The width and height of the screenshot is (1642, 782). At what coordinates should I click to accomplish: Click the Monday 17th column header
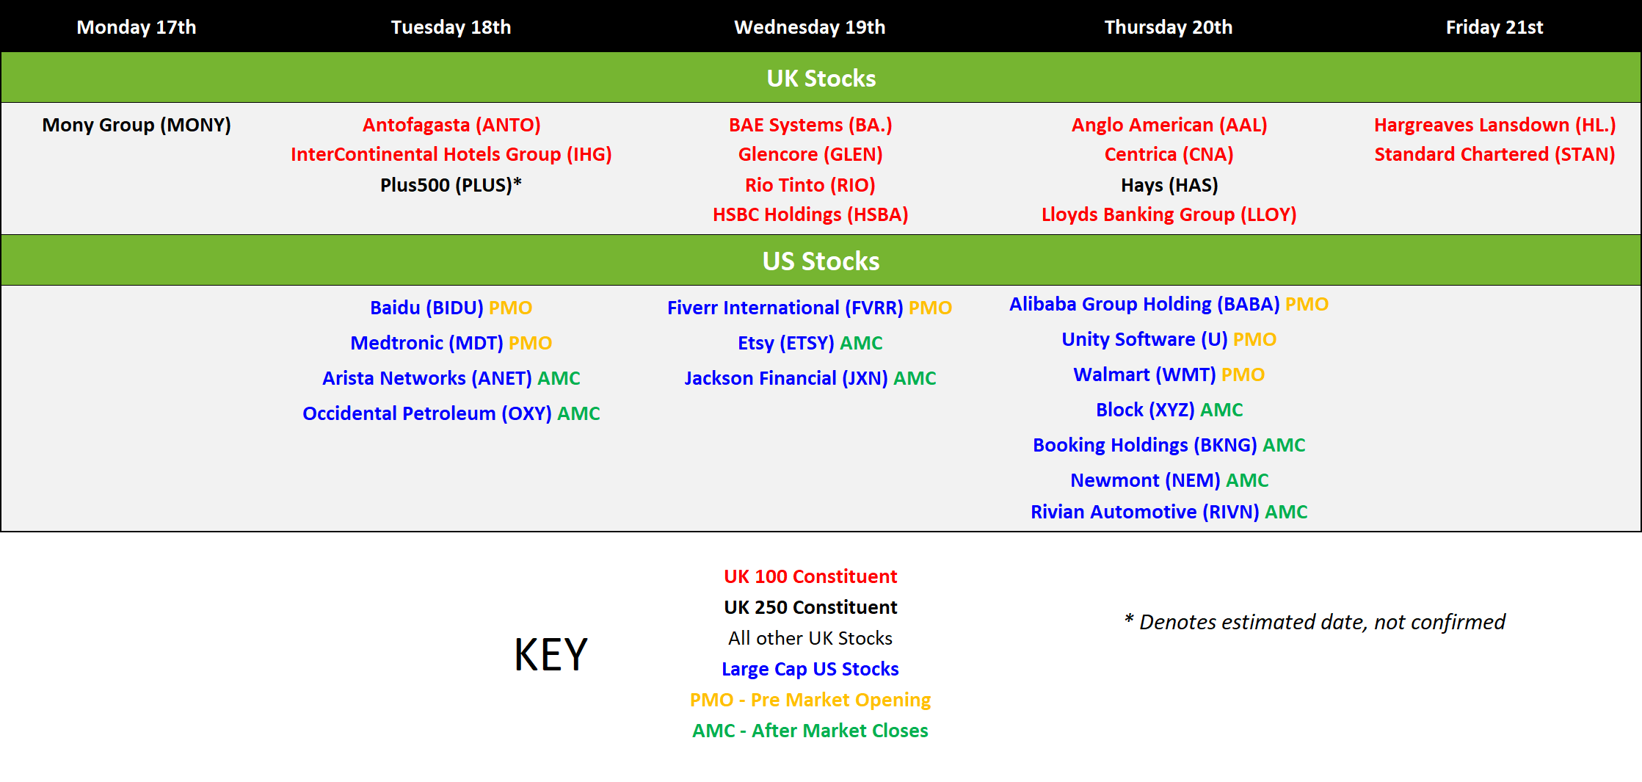(137, 27)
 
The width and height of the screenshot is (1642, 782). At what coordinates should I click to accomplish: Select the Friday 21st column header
(1494, 27)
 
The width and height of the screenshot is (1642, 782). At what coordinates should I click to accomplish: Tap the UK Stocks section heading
(821, 78)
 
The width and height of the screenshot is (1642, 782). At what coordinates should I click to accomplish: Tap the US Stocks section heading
(821, 261)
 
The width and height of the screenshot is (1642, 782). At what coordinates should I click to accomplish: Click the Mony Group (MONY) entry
(137, 125)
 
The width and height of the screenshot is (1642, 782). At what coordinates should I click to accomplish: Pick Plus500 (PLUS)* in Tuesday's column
(451, 185)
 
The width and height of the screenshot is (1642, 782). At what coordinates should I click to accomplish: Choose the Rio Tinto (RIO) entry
(810, 185)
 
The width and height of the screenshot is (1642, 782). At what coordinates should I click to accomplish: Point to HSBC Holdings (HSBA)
(810, 214)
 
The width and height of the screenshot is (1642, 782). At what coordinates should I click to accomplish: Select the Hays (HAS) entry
(1169, 185)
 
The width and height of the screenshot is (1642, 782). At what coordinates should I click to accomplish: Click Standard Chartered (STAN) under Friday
(1494, 154)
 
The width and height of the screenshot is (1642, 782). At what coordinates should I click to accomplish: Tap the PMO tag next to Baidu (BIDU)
(511, 308)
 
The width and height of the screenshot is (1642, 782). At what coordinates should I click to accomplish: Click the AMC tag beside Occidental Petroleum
(578, 413)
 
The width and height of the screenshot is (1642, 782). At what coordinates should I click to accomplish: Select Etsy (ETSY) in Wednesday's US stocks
(786, 343)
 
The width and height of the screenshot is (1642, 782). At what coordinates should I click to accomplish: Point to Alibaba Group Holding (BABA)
(1144, 304)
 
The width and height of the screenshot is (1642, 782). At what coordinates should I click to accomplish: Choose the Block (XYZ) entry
(1145, 410)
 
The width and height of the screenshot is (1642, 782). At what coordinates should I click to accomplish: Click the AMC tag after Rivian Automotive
(1286, 512)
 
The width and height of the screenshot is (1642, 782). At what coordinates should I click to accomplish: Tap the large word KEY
(551, 654)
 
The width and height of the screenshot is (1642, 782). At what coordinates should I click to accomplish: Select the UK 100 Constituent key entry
(810, 576)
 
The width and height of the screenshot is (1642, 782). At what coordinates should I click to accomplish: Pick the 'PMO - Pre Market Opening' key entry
(810, 700)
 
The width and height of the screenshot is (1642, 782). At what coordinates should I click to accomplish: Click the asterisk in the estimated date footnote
(1129, 619)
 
